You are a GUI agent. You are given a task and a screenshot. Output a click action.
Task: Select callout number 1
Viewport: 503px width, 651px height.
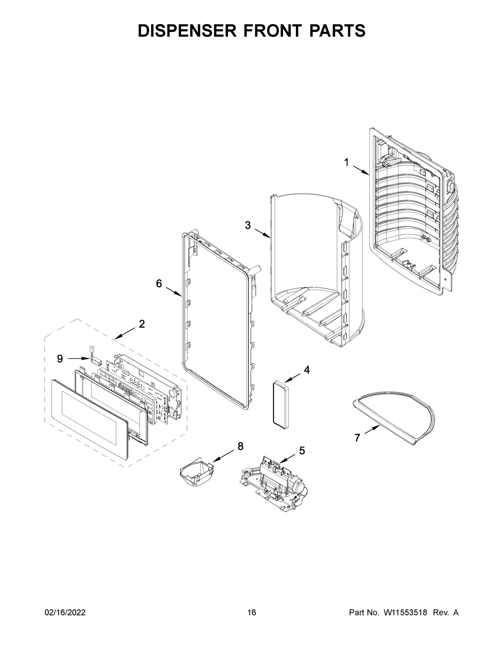coord(346,162)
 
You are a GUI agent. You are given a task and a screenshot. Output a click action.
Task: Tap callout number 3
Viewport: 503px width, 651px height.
coord(248,225)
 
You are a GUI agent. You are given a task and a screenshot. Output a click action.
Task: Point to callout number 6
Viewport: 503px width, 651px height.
coord(159,283)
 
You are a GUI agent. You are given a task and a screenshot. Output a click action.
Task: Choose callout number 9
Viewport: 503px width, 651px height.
coord(60,359)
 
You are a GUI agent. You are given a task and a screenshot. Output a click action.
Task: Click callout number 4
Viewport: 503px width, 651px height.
coord(307,370)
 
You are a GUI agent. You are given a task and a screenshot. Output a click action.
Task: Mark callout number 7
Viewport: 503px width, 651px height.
coord(357,438)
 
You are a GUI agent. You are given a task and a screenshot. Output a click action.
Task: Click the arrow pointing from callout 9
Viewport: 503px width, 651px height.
coord(78,359)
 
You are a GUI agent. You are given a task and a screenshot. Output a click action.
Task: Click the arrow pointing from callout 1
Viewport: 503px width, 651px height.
coord(361,170)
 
